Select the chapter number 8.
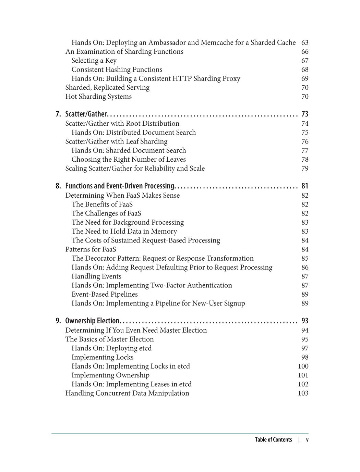tap(58, 186)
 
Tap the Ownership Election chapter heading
tap(92, 321)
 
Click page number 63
tap(304, 43)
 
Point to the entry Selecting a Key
tap(94, 61)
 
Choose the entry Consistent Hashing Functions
tap(117, 70)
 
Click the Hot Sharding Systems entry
tap(98, 97)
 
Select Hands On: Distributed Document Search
tap(133, 133)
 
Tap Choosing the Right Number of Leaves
tap(128, 160)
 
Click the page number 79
tap(304, 169)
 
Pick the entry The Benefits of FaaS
tap(102, 204)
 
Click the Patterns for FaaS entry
tap(91, 249)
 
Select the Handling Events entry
tap(96, 276)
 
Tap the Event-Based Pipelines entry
tap(104, 295)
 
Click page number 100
tap(303, 366)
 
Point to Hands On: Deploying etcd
tap(111, 348)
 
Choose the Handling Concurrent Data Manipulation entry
tap(127, 393)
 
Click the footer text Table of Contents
tap(273, 440)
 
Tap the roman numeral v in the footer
tap(307, 440)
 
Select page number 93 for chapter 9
tap(304, 321)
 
